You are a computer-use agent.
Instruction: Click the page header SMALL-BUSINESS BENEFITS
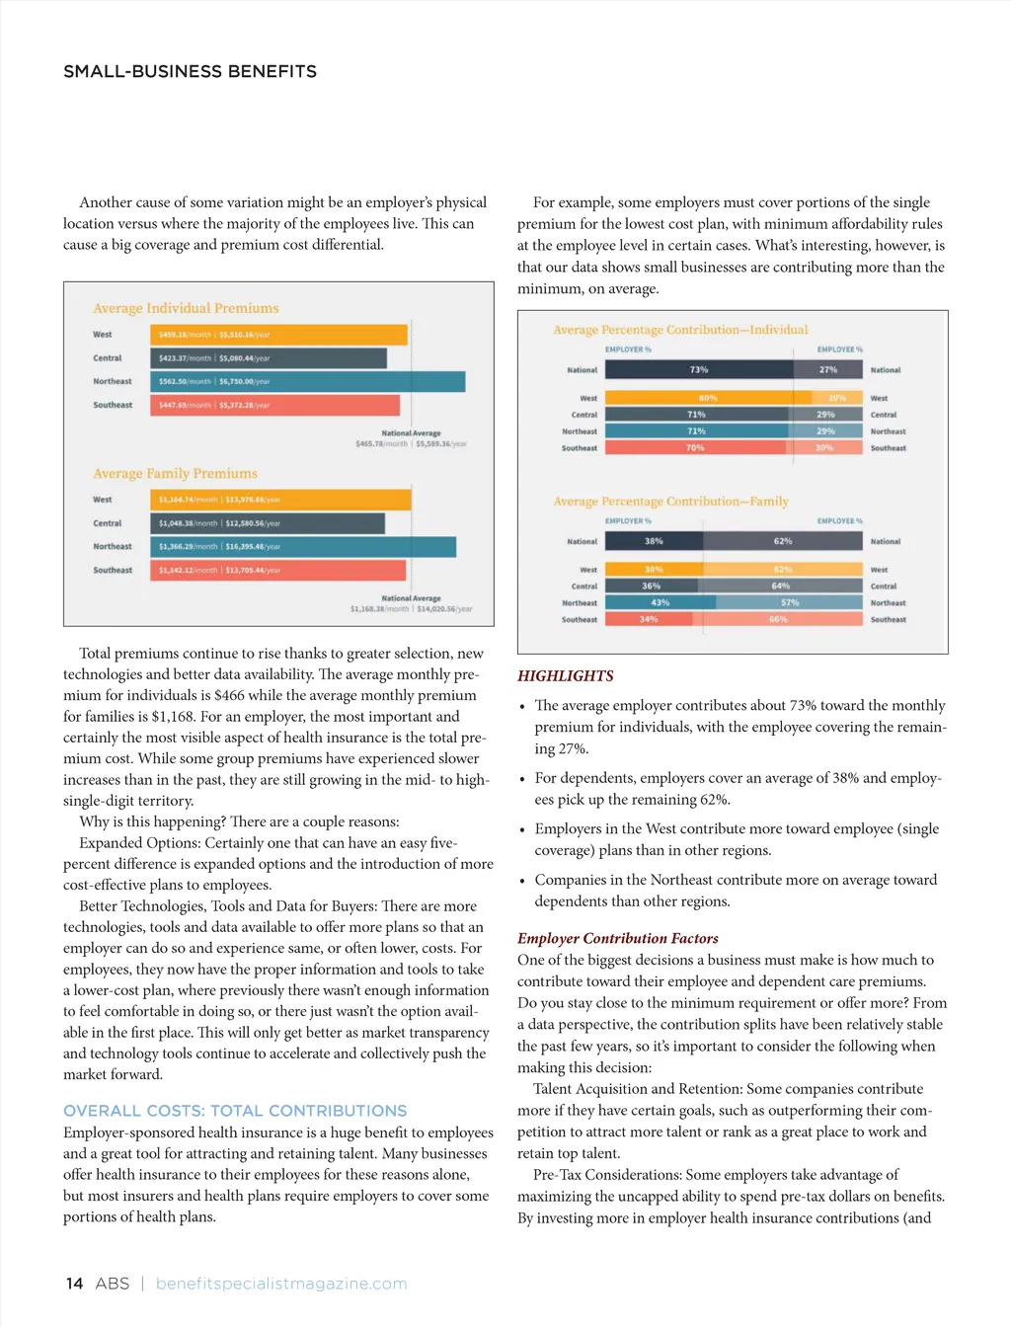click(190, 71)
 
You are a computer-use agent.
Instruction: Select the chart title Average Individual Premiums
click(186, 308)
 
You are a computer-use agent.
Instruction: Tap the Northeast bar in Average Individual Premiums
click(308, 381)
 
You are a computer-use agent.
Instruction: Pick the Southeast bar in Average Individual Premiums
click(275, 405)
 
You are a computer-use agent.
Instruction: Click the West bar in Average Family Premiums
click(280, 500)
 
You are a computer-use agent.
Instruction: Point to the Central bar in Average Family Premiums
click(268, 523)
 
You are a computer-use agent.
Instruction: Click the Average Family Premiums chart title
click(175, 474)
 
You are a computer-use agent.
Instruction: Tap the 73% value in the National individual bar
click(699, 369)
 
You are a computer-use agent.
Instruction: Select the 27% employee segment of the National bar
click(828, 369)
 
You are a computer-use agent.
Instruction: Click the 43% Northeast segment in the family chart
click(661, 602)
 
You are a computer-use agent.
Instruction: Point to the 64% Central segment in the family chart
click(781, 585)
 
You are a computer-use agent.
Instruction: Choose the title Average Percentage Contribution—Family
click(670, 502)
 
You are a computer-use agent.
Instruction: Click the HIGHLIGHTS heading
click(566, 676)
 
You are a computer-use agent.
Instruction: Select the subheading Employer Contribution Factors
click(618, 938)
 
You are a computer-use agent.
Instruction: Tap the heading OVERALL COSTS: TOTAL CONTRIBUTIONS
click(235, 1111)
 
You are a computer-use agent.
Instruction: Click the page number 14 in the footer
click(74, 1284)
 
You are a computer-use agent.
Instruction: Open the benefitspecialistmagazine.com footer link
click(281, 1284)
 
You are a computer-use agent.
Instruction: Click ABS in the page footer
click(113, 1284)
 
